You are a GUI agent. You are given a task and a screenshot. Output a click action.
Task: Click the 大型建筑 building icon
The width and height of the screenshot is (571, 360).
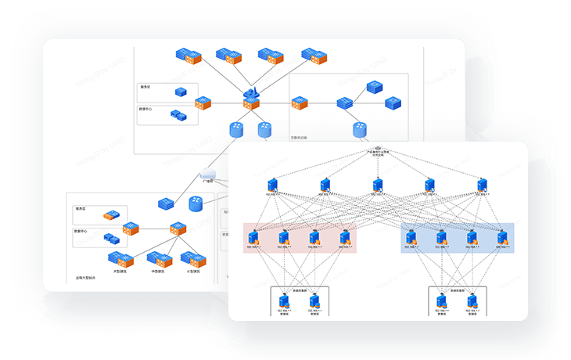tap(119, 259)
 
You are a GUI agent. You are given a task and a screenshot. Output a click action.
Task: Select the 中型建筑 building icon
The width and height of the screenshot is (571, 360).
tap(159, 260)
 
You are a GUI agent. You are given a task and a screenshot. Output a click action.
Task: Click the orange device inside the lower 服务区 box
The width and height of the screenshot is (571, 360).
tap(113, 214)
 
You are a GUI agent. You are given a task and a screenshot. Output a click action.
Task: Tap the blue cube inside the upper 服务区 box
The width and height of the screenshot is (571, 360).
tap(181, 92)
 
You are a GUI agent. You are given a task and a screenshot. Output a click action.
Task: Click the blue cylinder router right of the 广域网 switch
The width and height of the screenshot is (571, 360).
tap(196, 203)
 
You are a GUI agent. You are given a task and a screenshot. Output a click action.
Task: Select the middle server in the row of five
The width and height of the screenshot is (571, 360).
tap(378, 185)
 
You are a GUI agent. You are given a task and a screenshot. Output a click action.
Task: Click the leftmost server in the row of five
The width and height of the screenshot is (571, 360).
tap(272, 185)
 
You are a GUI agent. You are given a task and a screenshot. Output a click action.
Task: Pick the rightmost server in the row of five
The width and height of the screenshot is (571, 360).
tap(483, 185)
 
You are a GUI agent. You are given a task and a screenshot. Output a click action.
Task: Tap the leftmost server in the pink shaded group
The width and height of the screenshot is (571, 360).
tap(257, 237)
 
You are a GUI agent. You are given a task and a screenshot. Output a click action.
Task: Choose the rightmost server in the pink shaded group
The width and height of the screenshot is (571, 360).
tap(344, 237)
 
